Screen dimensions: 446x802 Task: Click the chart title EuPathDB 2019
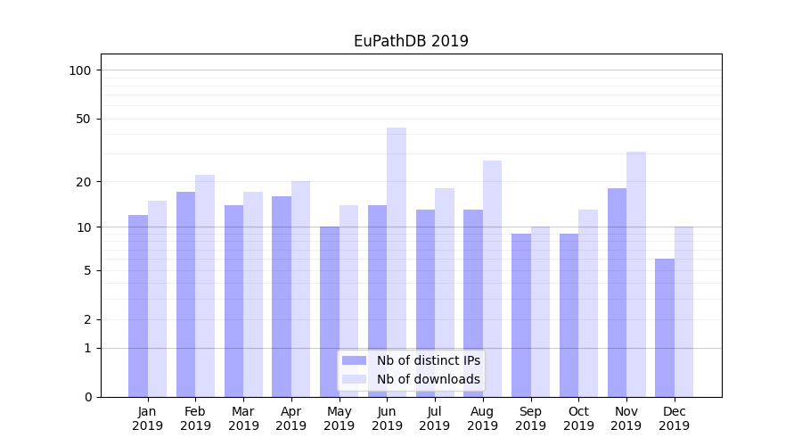point(411,41)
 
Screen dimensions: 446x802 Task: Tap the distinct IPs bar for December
point(665,327)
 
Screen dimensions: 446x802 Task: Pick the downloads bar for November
point(636,274)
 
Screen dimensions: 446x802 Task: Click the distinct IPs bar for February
point(185,294)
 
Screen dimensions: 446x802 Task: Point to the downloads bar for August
point(492,278)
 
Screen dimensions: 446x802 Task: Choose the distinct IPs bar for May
point(330,311)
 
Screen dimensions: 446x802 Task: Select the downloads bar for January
point(157,299)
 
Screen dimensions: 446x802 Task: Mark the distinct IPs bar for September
point(521,315)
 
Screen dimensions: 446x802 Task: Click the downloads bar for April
point(301,289)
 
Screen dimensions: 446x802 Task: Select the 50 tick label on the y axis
point(84,119)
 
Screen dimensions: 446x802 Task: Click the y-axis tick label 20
point(84,182)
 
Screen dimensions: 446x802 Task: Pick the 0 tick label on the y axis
point(87,397)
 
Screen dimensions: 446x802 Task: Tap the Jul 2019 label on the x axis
point(435,418)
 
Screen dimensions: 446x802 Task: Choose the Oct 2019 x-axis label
point(578,418)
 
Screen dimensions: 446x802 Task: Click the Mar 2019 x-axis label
point(243,418)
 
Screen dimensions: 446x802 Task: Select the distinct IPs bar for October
point(569,315)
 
